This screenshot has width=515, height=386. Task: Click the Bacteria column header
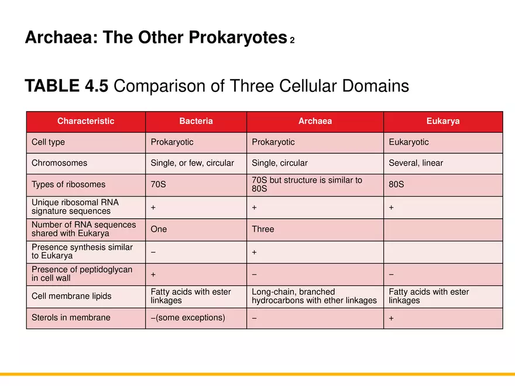tap(196, 122)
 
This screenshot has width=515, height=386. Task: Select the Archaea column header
tap(315, 122)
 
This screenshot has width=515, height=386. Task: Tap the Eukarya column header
tap(443, 122)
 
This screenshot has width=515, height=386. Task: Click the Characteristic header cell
tap(86, 122)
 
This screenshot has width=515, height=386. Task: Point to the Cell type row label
tap(49, 142)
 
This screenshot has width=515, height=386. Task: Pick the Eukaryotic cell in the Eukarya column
tap(408, 142)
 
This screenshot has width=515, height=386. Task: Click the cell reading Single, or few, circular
tap(192, 163)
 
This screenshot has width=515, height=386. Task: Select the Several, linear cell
tap(416, 163)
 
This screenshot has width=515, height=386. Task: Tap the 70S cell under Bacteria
tap(158, 185)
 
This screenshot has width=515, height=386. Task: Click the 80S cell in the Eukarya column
tap(396, 185)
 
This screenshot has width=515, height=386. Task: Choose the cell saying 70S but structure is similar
tap(307, 184)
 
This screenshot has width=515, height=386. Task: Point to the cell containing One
tap(159, 229)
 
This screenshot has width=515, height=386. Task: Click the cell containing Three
tap(263, 229)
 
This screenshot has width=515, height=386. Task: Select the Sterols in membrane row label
tap(71, 318)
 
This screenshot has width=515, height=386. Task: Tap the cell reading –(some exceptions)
tap(187, 318)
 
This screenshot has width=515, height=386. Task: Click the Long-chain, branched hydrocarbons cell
tap(314, 296)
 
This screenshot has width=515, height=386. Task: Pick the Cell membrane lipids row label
tap(71, 296)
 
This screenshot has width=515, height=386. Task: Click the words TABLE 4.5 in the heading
tap(67, 87)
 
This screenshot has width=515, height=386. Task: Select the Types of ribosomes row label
tap(68, 185)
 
